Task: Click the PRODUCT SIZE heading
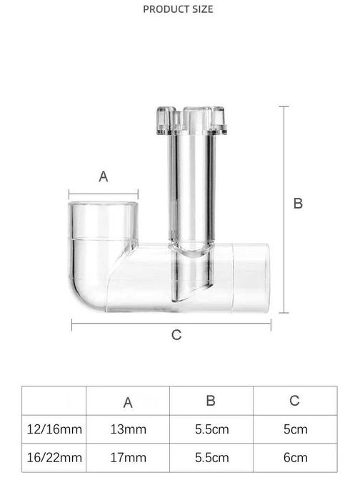pyautogui.click(x=178, y=9)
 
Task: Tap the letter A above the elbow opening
pyautogui.click(x=104, y=176)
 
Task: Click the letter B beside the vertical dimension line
pyautogui.click(x=298, y=204)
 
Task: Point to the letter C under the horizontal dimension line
pyautogui.click(x=176, y=335)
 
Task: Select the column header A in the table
pyautogui.click(x=128, y=402)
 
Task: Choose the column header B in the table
pyautogui.click(x=211, y=401)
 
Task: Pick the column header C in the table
pyautogui.click(x=294, y=401)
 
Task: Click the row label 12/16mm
pyautogui.click(x=54, y=429)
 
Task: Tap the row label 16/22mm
pyautogui.click(x=54, y=458)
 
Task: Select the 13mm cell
pyautogui.click(x=128, y=429)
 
